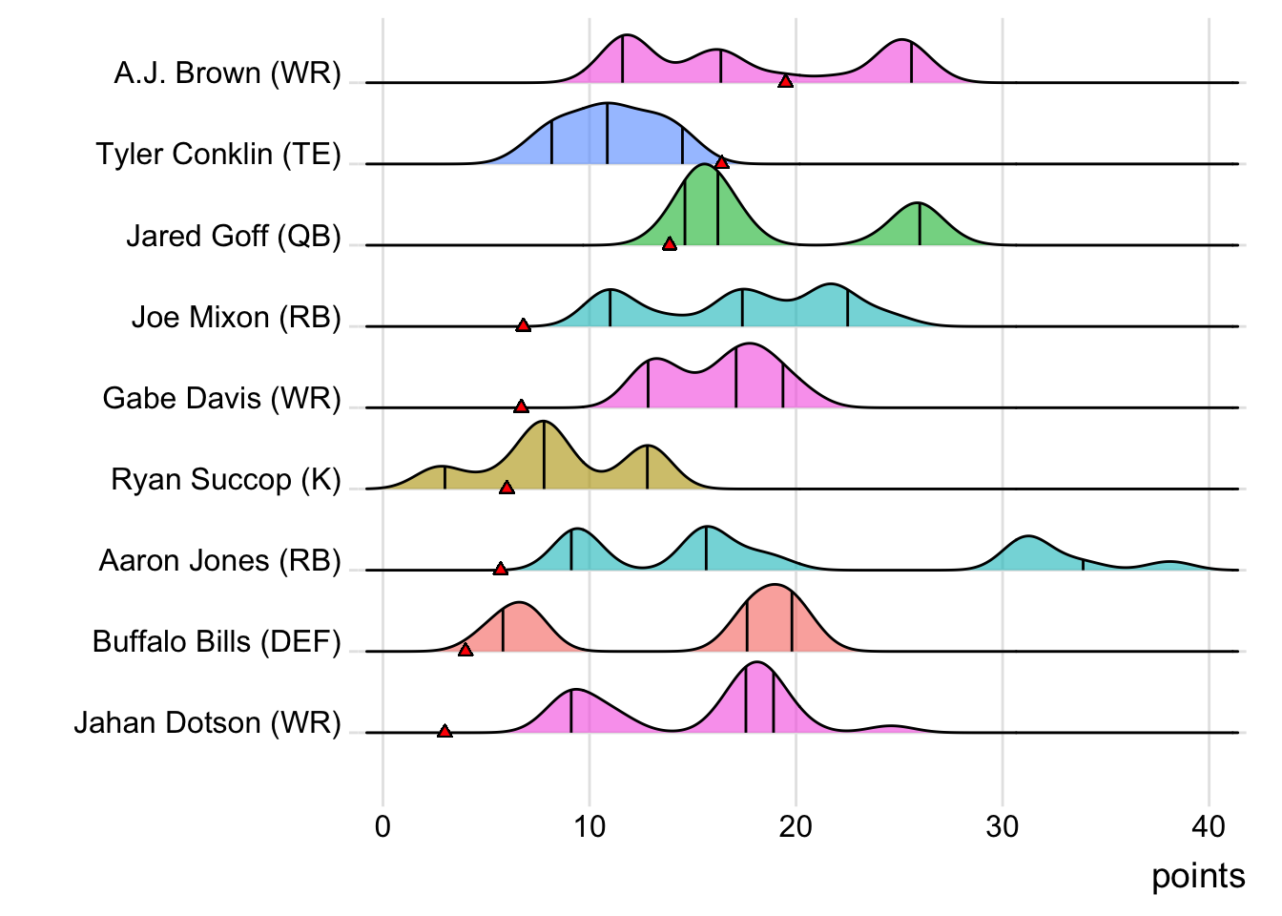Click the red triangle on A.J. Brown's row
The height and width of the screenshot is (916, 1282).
coord(785,81)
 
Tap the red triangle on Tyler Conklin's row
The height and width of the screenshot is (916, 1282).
coord(722,162)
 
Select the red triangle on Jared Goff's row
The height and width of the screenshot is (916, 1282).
coord(670,243)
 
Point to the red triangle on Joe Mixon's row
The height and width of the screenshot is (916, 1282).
coord(523,325)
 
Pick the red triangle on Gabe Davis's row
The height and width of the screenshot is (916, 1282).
coord(521,406)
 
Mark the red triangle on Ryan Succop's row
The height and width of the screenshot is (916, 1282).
coord(507,488)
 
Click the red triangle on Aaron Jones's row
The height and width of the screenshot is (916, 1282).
coord(501,569)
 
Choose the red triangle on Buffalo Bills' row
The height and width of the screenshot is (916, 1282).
coord(465,650)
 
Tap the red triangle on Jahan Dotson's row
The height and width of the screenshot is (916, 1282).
coord(445,731)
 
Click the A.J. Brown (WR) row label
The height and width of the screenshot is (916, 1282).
coord(227,73)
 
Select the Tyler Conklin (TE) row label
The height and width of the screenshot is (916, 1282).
coord(218,155)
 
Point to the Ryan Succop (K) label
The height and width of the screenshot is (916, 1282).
coord(226,479)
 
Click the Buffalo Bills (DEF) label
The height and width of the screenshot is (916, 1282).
coord(217,642)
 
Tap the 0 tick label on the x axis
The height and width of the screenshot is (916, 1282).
coord(383,826)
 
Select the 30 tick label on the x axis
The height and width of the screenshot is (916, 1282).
coord(1002,826)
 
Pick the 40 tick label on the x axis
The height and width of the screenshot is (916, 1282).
coord(1209,826)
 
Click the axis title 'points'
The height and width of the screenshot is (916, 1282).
coord(1198,876)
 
